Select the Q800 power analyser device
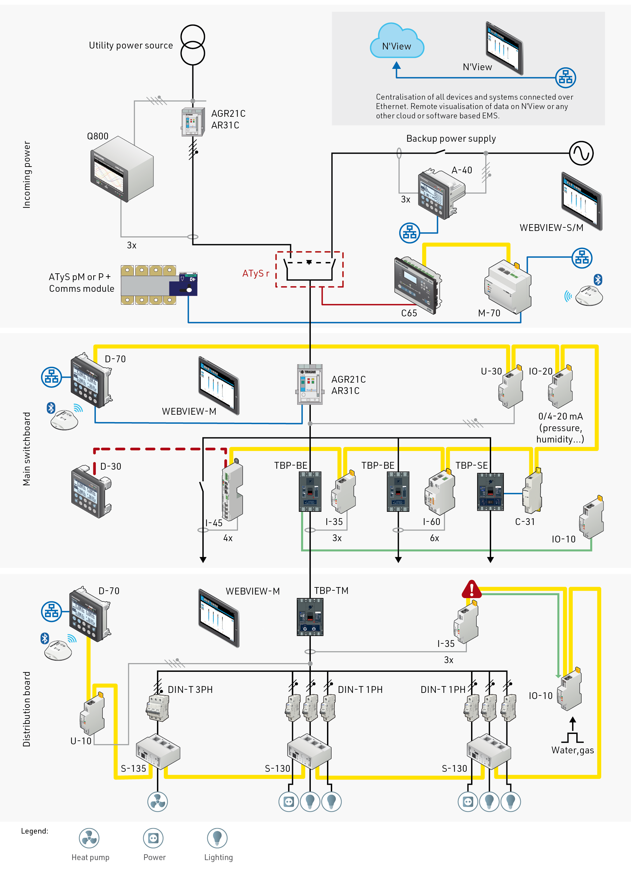coord(122,169)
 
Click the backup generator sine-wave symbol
coord(581,153)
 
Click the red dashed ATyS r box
coord(309,269)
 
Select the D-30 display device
coord(91,492)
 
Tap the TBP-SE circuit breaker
coord(490,492)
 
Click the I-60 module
coord(440,493)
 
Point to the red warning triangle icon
coord(471,590)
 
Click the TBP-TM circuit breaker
coord(310,617)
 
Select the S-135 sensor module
coord(158,751)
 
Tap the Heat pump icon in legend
coord(89,838)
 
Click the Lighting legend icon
coord(217,838)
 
